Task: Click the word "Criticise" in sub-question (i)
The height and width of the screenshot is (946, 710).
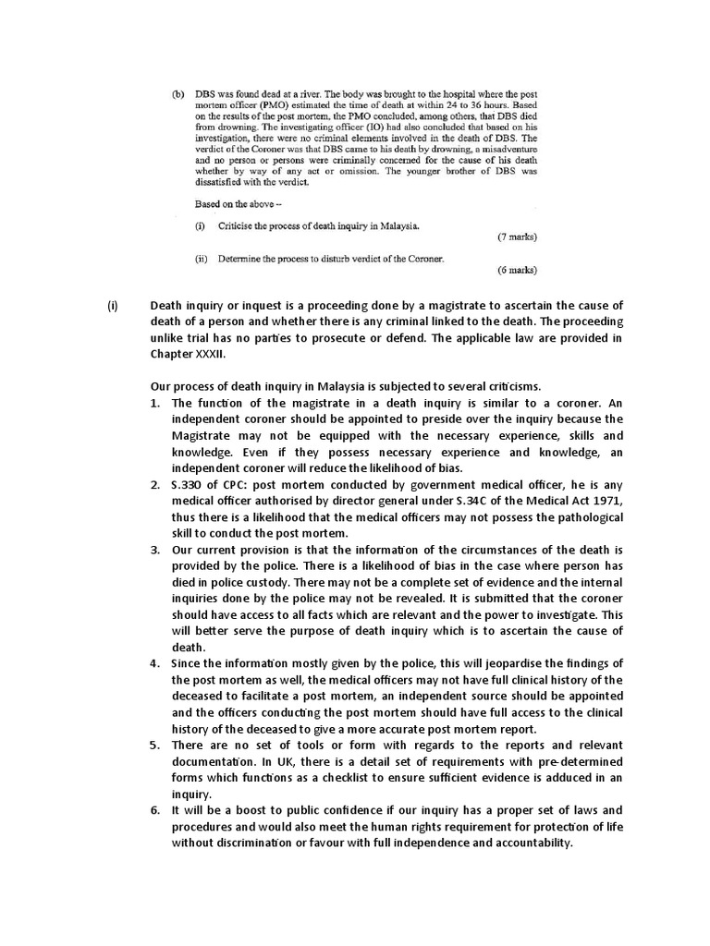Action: (x=240, y=225)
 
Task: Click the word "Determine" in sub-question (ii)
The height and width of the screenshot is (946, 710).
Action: (x=245, y=259)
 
